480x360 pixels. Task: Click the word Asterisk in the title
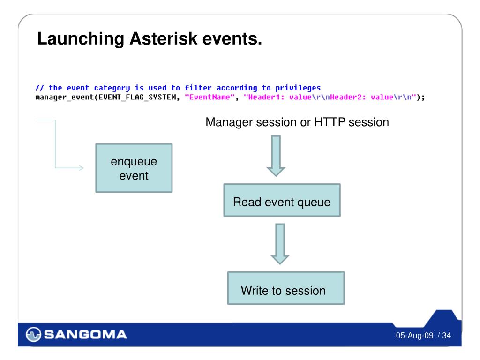point(164,39)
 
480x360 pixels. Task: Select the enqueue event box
point(134,168)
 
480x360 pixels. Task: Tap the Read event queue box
point(282,200)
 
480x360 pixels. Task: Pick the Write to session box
point(286,288)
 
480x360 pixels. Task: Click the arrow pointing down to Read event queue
point(276,156)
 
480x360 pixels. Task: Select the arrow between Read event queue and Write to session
point(280,244)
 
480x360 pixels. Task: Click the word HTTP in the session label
point(330,122)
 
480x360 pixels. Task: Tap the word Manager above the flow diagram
point(229,122)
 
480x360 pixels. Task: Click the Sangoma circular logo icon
point(33,334)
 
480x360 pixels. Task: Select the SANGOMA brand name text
point(85,334)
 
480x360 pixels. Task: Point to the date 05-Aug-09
point(414,336)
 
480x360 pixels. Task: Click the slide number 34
point(446,336)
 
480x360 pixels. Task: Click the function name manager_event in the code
point(64,97)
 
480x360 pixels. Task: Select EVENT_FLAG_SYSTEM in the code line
point(137,97)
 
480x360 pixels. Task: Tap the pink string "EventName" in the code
point(210,97)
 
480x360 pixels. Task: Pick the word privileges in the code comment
point(298,88)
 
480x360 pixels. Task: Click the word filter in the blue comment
point(198,88)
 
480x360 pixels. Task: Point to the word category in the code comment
point(112,88)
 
